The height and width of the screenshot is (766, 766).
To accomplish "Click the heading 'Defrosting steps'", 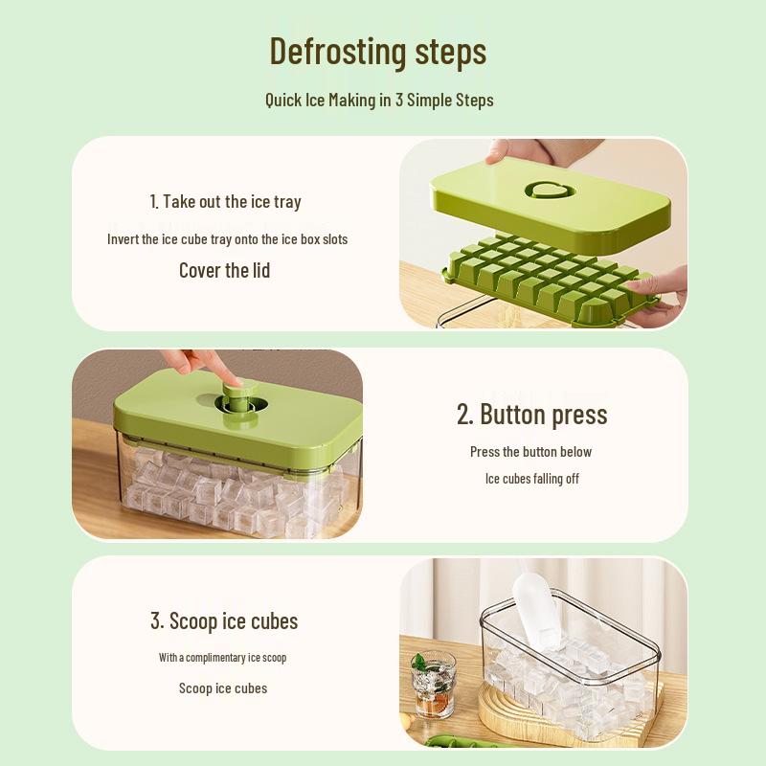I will pyautogui.click(x=378, y=51).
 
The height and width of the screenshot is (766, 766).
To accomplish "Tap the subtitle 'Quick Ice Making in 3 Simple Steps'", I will pyautogui.click(x=379, y=100).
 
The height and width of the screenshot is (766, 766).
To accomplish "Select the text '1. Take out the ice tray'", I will pyautogui.click(x=225, y=201).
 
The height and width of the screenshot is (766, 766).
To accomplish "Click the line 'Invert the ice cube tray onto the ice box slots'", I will pyautogui.click(x=227, y=239).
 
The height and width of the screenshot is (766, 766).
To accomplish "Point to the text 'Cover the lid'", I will pyautogui.click(x=225, y=271).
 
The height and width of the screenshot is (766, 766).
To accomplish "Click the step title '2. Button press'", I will pyautogui.click(x=531, y=414).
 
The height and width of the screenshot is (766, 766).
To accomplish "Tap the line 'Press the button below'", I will pyautogui.click(x=530, y=452).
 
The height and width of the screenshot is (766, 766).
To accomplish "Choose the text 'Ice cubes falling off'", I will pyautogui.click(x=531, y=479).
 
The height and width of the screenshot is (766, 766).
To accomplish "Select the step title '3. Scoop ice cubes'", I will pyautogui.click(x=224, y=620).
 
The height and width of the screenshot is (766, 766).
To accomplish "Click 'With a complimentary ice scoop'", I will pyautogui.click(x=222, y=658).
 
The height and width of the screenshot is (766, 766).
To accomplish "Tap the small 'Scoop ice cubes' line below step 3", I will pyautogui.click(x=223, y=688).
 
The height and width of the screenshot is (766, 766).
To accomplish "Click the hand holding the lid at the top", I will pyautogui.click(x=536, y=151).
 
